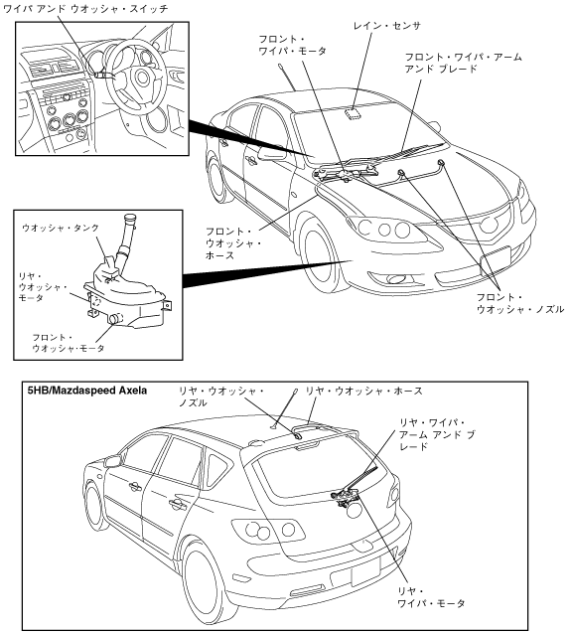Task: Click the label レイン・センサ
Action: (386, 26)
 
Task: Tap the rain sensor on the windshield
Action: (354, 113)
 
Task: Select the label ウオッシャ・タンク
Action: (61, 228)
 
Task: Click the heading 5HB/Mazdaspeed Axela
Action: (87, 391)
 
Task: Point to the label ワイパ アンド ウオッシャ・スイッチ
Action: (85, 9)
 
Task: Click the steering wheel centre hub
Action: (142, 76)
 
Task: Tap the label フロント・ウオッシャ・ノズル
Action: (520, 304)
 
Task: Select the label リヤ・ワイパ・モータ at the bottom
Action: (431, 597)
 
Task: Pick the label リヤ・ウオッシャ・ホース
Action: (363, 391)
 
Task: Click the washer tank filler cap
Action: (131, 220)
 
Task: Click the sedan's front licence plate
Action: (496, 262)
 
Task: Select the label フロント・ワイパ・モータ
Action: (292, 45)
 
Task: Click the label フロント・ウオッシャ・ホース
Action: (233, 243)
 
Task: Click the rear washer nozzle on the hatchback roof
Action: (297, 436)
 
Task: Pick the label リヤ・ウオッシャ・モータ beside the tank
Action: (43, 287)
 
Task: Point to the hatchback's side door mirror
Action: (113, 461)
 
